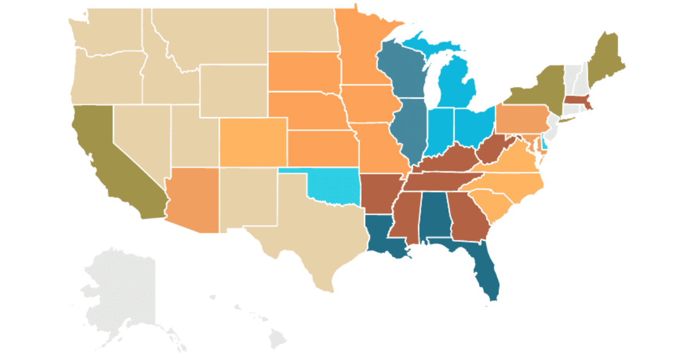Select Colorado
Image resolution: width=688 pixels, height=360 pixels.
pyautogui.click(x=252, y=141)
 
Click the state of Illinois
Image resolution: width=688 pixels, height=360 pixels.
pyautogui.click(x=408, y=129)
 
